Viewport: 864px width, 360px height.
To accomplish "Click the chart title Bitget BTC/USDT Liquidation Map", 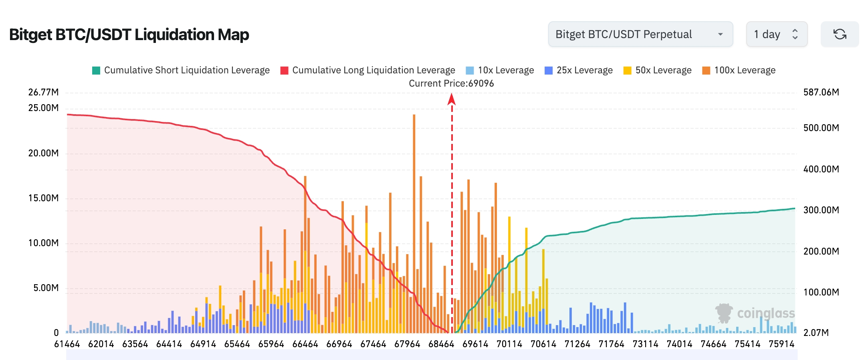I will [x=129, y=35].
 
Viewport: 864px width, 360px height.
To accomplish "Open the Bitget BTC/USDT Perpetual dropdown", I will [x=640, y=34].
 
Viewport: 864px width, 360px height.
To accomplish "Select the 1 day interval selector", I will [x=776, y=34].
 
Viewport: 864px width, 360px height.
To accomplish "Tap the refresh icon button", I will [x=840, y=34].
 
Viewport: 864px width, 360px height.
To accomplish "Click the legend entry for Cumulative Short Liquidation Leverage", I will [x=181, y=71].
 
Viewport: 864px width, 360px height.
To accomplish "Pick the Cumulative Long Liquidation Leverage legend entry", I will [x=367, y=71].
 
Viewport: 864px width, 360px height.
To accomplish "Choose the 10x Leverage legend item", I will [x=500, y=71].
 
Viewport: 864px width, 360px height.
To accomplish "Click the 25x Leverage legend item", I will [x=579, y=71].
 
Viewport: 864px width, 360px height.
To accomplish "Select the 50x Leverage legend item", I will [x=657, y=71].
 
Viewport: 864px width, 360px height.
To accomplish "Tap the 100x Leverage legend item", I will [x=739, y=71].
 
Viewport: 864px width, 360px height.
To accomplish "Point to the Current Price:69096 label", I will [x=451, y=83].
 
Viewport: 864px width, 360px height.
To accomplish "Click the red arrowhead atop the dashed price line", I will [x=452, y=99].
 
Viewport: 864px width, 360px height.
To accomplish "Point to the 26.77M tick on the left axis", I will [x=43, y=92].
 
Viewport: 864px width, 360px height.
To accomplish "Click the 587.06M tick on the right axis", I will [x=821, y=92].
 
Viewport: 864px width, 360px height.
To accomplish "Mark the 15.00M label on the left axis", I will [x=43, y=198].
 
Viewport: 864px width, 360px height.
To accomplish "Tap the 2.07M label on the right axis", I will [x=816, y=333].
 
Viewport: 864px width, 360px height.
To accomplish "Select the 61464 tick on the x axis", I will [x=67, y=344].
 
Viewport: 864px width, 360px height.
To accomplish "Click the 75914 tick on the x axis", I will [x=781, y=344].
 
